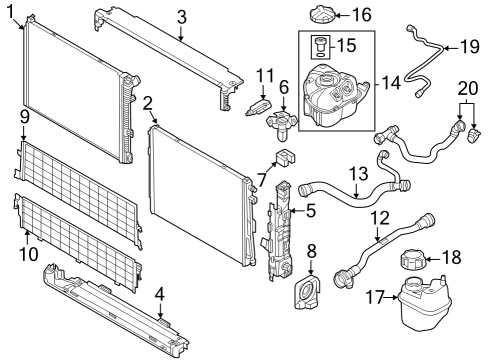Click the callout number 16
pos(361,15)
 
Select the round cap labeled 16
pos(326,18)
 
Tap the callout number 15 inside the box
pos(348,46)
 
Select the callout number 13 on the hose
pos(358,174)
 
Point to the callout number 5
pos(311,210)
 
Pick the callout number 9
pos(24,118)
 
